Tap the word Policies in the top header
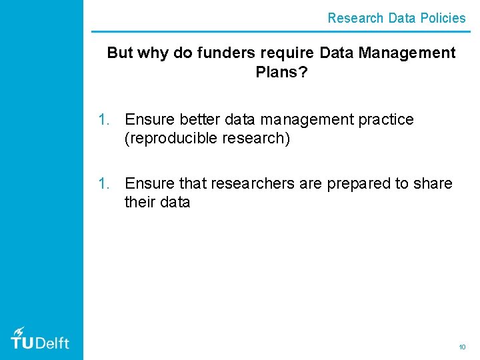pos(443,18)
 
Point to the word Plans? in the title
pos(281,71)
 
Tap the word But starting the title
pos(120,53)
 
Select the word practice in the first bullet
pos(386,120)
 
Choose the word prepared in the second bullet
pos(359,183)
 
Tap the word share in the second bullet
pos(433,183)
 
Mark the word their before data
pos(139,202)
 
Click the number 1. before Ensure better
pos(105,120)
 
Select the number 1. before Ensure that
pos(105,183)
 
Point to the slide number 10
pos(462,347)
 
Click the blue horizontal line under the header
pos(280,31)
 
